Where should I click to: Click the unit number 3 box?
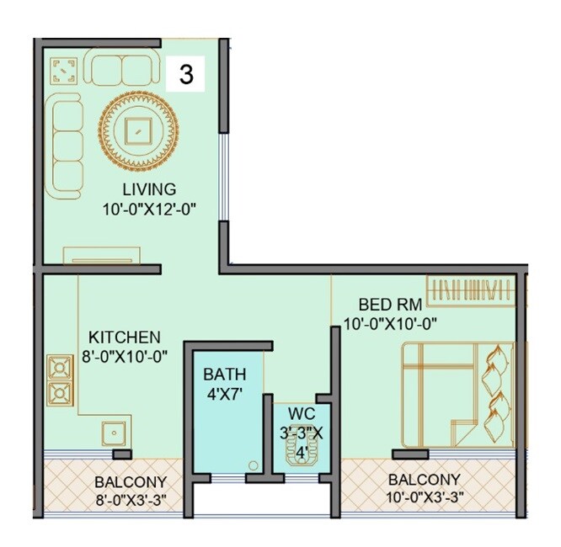pyautogui.click(x=186, y=74)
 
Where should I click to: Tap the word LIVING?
pyautogui.click(x=149, y=189)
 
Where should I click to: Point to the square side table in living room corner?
pyautogui.click(x=64, y=71)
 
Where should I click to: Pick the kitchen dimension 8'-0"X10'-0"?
pyautogui.click(x=126, y=356)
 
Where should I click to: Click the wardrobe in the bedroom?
pyautogui.click(x=470, y=290)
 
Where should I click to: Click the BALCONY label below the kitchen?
pyautogui.click(x=123, y=483)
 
